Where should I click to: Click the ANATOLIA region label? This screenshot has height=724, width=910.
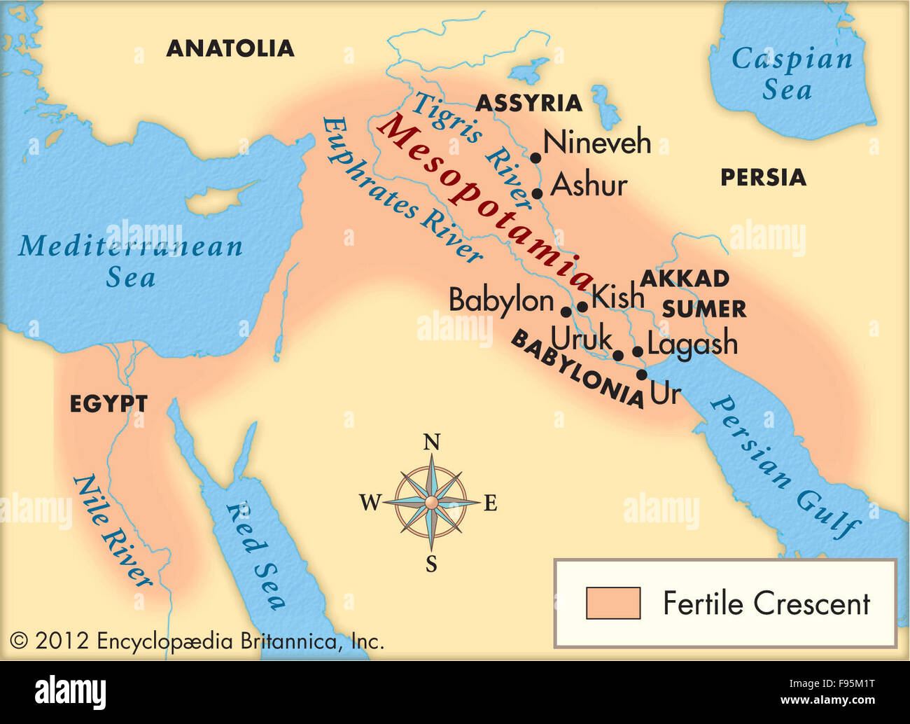pos(230,48)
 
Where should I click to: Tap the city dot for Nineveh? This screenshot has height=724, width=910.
pos(535,158)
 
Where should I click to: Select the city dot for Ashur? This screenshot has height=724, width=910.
pos(538,194)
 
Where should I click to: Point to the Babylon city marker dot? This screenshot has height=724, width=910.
pos(566,312)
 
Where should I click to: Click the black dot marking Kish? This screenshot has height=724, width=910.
pos(582,307)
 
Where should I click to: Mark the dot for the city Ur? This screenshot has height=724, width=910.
pos(642,375)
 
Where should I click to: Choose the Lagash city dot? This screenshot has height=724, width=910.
pos(638,351)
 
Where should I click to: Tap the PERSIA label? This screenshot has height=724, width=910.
pos(763,178)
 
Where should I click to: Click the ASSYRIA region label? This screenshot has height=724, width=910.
pos(528,104)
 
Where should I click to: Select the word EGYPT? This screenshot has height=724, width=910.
pos(108,404)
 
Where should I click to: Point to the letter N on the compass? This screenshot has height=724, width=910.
pos(432,443)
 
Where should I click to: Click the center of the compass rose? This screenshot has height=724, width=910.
pos(432,503)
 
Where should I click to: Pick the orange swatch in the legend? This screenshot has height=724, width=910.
pos(613,603)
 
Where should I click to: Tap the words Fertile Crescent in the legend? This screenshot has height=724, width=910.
pos(766,604)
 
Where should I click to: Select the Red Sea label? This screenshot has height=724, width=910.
pos(255,556)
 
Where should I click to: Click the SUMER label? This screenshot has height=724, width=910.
pos(703,309)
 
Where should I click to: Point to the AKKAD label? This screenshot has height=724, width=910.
pos(685,279)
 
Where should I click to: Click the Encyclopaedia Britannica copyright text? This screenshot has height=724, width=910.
pos(197,641)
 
